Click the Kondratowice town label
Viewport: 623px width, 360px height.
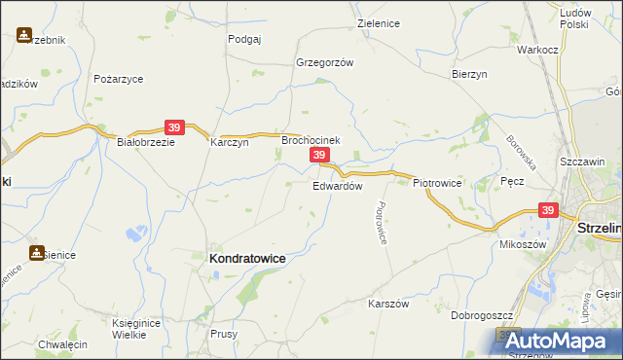click(247, 259)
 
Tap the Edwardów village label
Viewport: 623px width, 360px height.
click(338, 186)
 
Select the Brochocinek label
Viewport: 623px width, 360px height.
click(311, 140)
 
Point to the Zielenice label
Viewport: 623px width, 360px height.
click(380, 22)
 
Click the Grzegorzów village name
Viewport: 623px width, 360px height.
click(324, 61)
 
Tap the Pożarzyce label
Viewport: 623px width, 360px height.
click(119, 78)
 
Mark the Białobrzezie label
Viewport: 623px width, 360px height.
click(145, 141)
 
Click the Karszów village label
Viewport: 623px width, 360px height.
click(387, 304)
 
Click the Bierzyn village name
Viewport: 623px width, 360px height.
click(469, 74)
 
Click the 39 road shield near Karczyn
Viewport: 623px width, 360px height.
click(174, 126)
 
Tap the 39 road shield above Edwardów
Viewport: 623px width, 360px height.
click(318, 156)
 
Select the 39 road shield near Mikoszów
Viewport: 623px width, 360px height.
click(547, 210)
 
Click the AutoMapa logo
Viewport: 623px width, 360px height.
click(561, 341)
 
